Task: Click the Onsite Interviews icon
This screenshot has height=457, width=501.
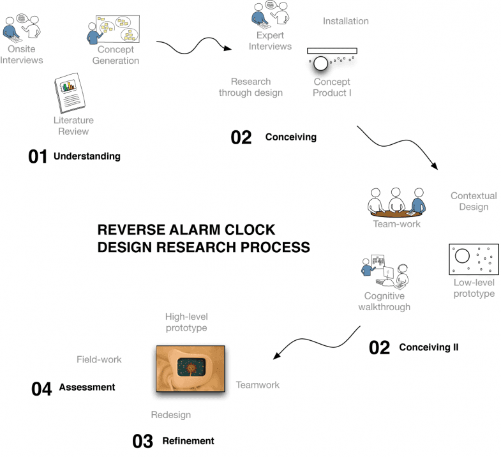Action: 23,26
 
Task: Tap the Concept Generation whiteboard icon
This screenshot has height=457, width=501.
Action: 116,31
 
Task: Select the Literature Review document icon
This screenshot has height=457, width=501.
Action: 71,93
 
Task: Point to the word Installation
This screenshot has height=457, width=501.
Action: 345,21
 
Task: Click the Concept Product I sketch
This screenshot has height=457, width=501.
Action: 331,59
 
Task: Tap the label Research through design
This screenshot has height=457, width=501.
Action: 250,87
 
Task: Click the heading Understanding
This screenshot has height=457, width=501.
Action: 87,156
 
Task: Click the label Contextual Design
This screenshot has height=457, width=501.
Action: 469,201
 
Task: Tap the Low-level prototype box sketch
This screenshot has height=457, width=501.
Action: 474,259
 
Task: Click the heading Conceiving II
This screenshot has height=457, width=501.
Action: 428,348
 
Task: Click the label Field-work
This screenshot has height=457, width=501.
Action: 99,359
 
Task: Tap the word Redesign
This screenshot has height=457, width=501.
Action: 170,415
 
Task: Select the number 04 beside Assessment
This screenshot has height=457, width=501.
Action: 41,389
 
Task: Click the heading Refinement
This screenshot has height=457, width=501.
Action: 188,441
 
